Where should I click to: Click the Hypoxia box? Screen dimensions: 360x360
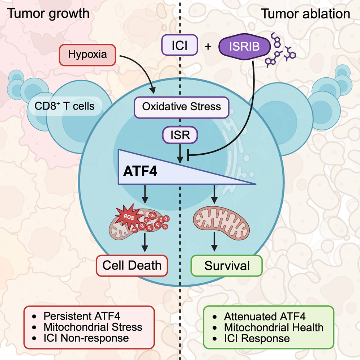87,55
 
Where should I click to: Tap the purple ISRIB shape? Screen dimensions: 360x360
245,46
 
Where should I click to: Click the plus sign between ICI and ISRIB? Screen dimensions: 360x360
208,46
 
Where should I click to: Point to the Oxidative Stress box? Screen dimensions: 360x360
181,107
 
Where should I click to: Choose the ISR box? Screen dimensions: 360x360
180,136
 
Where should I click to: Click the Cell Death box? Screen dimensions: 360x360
132,266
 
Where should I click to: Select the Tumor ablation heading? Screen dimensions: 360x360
305,13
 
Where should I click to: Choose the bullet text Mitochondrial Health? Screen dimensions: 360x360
274,327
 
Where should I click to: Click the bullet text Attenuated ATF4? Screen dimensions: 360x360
265,316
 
